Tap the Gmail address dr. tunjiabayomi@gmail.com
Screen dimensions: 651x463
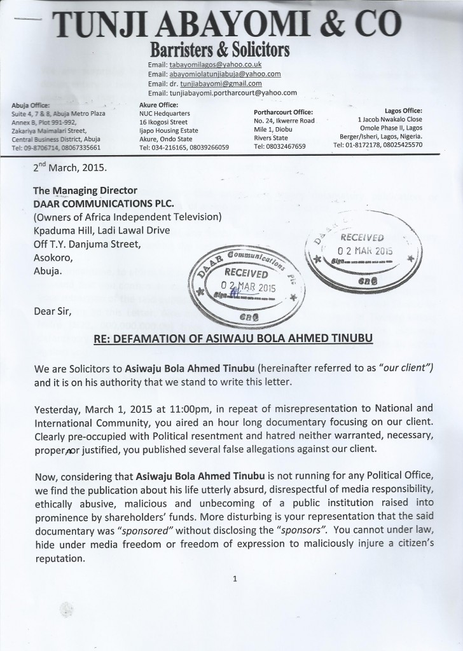coord(214,83)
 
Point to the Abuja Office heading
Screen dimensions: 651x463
coord(31,106)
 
